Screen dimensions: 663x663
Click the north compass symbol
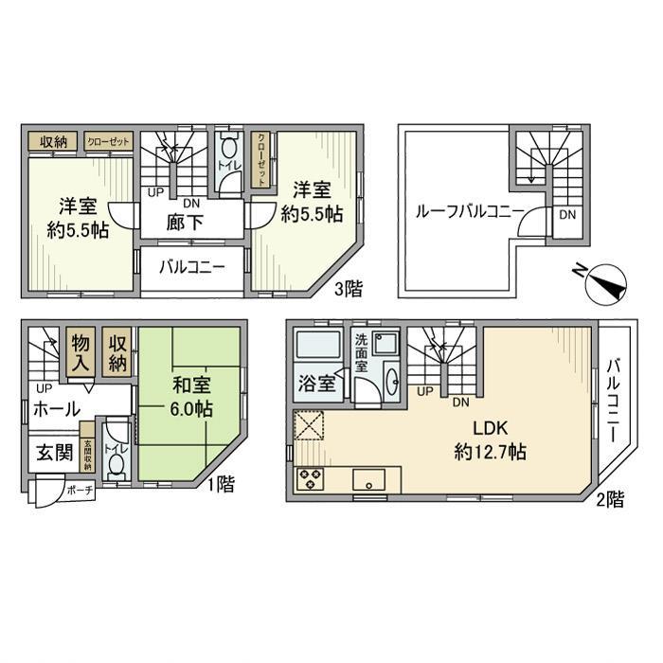tap(605, 282)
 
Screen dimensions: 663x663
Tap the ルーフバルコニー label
tap(470, 211)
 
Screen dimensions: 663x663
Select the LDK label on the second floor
tap(490, 428)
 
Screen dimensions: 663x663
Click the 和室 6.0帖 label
tap(191, 397)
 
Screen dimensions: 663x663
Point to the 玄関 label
tap(55, 453)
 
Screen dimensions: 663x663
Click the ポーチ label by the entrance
tap(80, 492)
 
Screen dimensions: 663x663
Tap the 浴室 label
tap(316, 384)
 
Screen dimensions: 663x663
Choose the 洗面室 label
tap(361, 352)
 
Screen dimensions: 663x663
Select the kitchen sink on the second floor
tap(369, 479)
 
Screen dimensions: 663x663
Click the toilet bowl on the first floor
tap(115, 464)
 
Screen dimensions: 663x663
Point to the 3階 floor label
tap(349, 289)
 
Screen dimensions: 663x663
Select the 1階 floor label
tap(221, 484)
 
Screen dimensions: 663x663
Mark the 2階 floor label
tap(610, 500)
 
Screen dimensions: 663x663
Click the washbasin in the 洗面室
tap(392, 380)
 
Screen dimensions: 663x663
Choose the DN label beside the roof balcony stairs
tap(567, 215)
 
